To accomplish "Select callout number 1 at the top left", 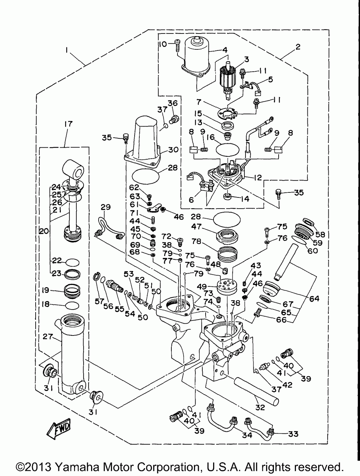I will pyautogui.click(x=67, y=52).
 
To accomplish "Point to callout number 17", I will pyautogui.click(x=68, y=124).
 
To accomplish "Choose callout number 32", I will pyautogui.click(x=260, y=408).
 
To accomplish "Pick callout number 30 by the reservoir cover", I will pyautogui.click(x=173, y=150).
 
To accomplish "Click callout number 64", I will pyautogui.click(x=314, y=299).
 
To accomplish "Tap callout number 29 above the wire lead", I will pyautogui.click(x=105, y=207).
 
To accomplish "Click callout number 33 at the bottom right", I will pyautogui.click(x=293, y=434).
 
